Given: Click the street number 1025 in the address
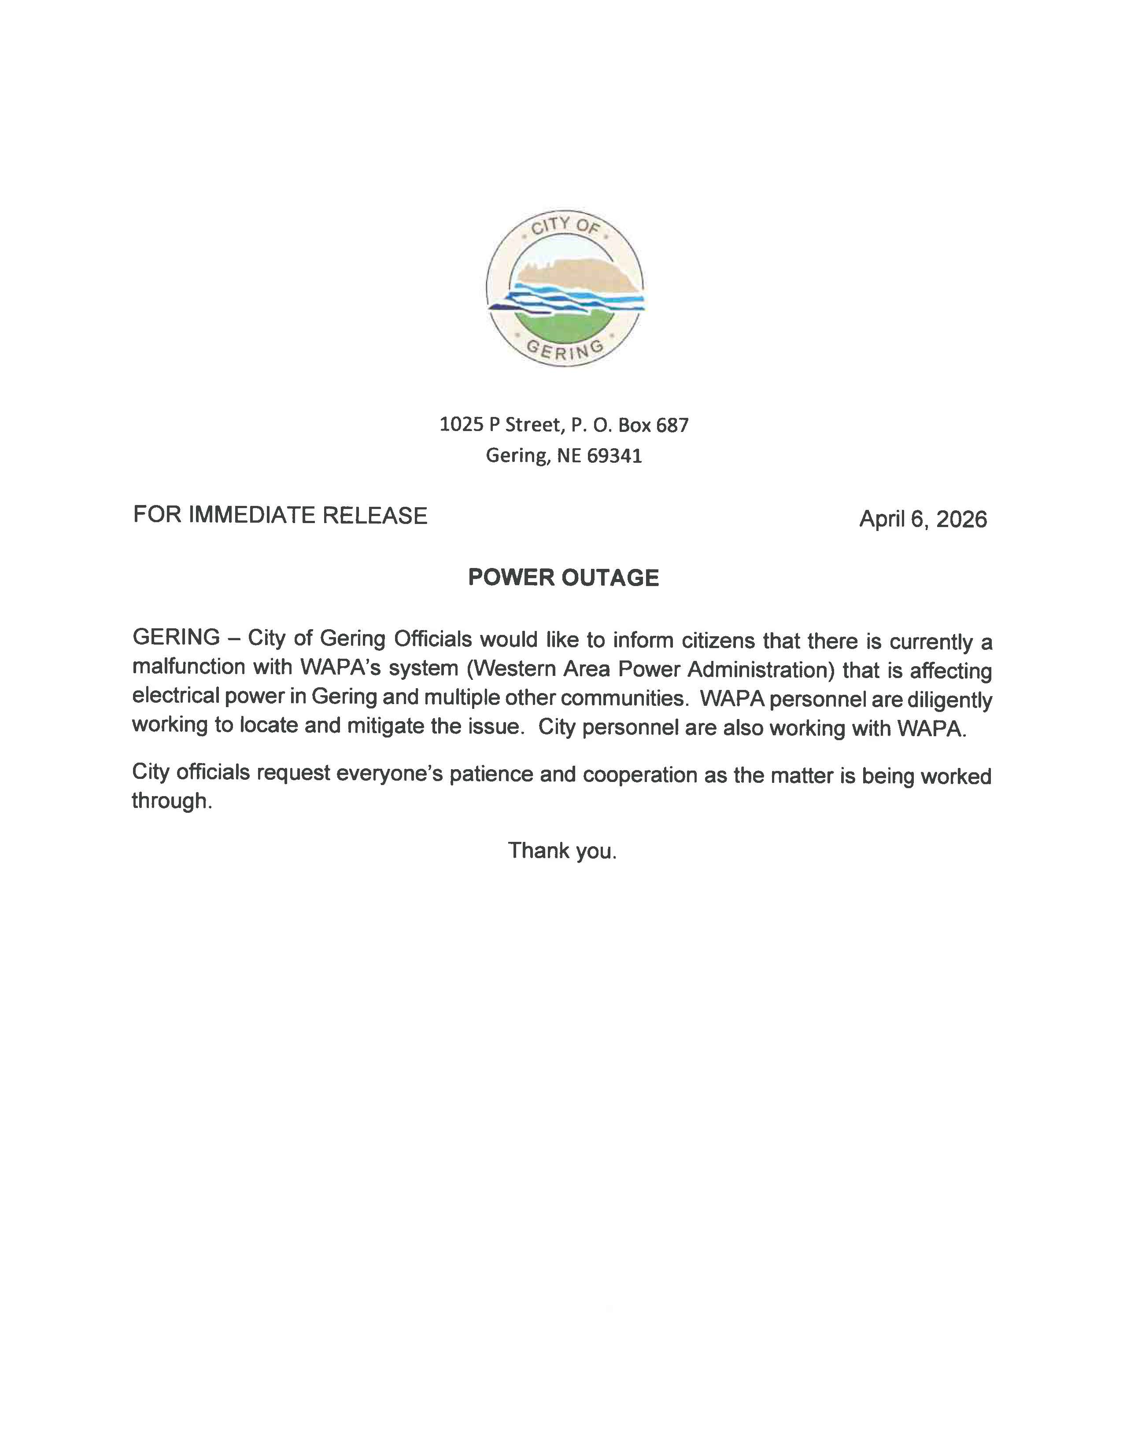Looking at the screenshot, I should click(x=461, y=424).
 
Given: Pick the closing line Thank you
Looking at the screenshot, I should click(x=562, y=851).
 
